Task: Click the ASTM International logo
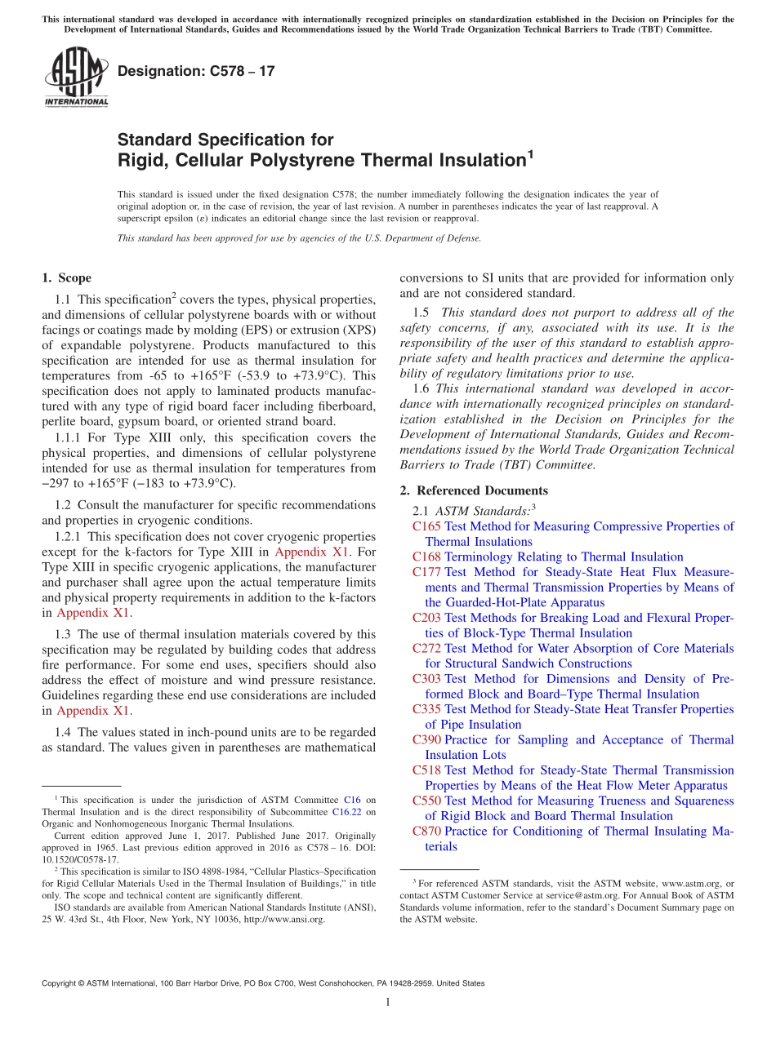click(76, 77)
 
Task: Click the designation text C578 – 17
click(196, 71)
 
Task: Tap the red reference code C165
click(426, 526)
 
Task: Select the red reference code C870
click(426, 832)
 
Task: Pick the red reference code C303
click(426, 679)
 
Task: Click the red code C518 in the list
click(426, 770)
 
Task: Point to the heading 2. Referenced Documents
click(474, 490)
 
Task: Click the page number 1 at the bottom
click(387, 1004)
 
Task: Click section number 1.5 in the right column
click(421, 313)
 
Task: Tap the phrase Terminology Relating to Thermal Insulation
click(564, 557)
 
